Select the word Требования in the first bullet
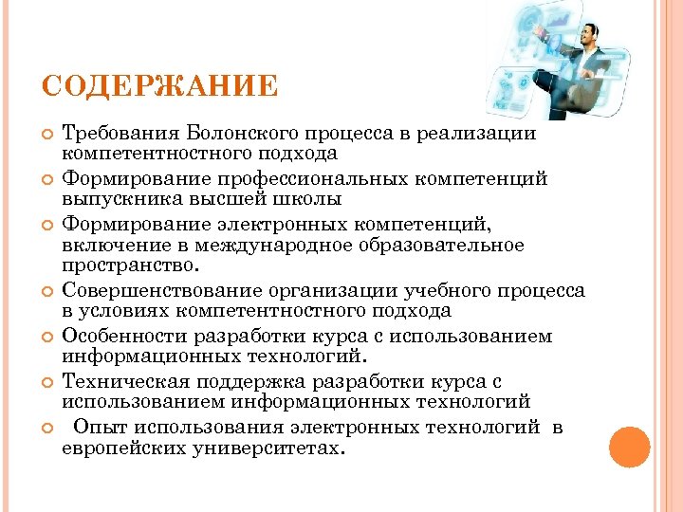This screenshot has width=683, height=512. (x=120, y=135)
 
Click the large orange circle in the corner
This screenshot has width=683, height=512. (x=629, y=447)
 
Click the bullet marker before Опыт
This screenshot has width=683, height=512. (x=48, y=429)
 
